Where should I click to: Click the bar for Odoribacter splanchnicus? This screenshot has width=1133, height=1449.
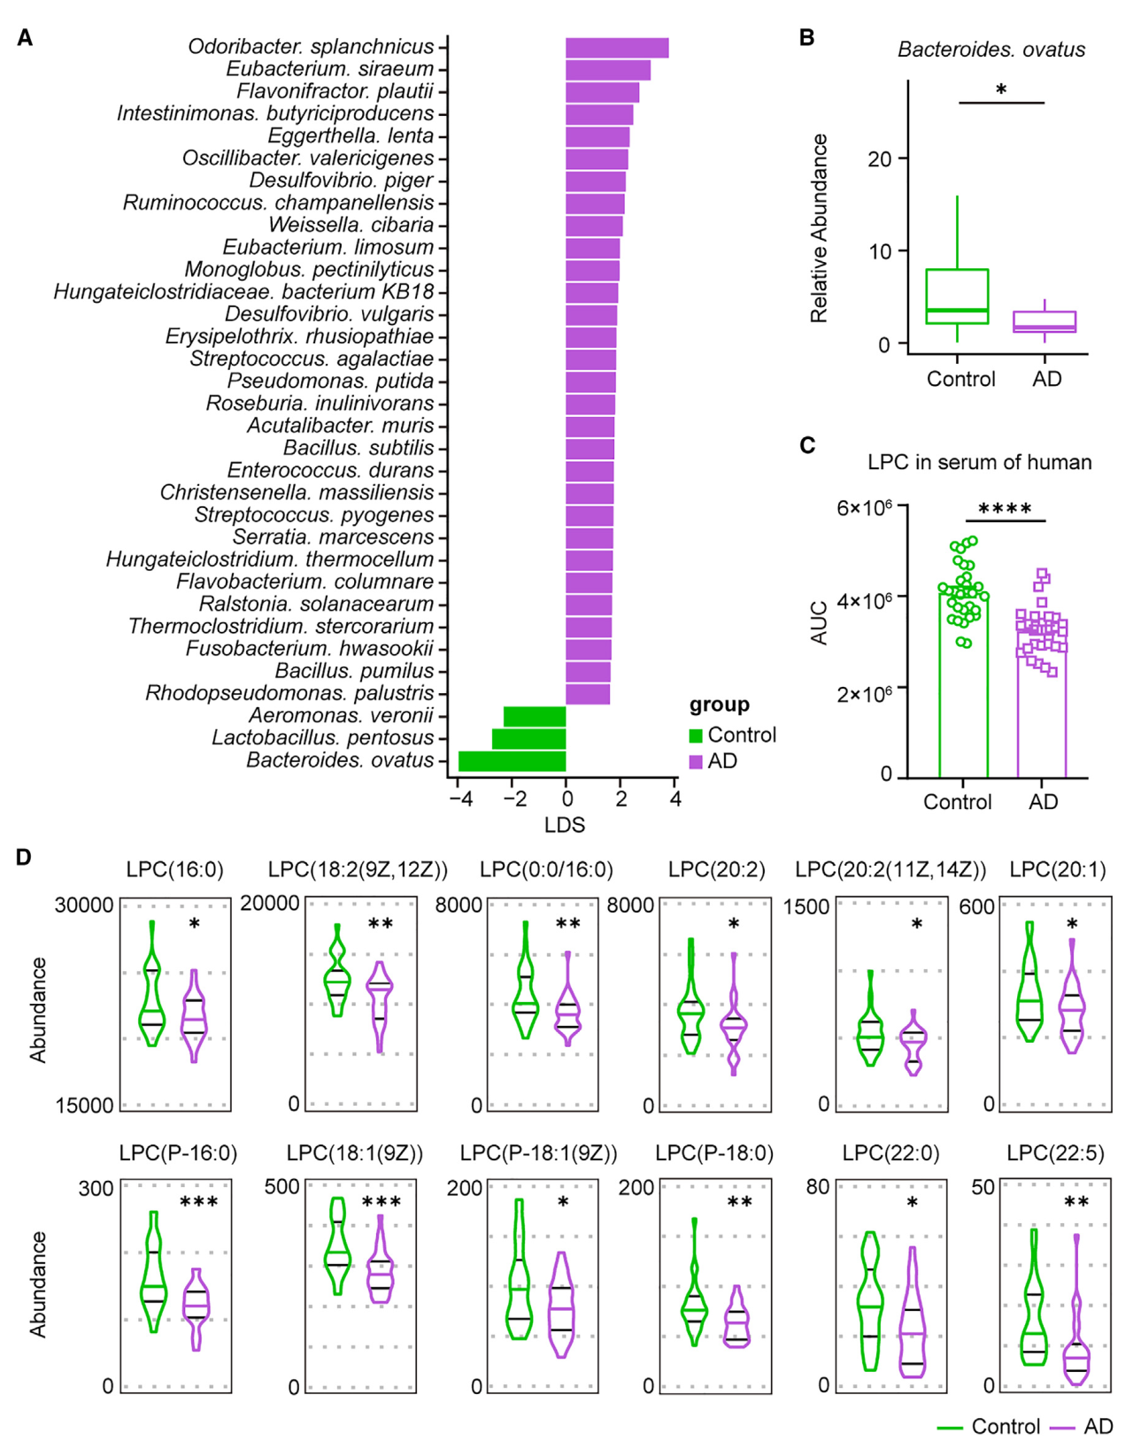617,48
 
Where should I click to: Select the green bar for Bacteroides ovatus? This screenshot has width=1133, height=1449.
512,761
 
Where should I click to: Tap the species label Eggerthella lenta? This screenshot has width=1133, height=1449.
351,136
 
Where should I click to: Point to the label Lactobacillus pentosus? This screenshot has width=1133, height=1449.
322,738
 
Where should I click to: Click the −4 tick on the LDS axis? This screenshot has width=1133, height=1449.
459,798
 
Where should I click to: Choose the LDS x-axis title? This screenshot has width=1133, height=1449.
565,825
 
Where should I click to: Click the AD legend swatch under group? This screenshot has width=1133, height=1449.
697,762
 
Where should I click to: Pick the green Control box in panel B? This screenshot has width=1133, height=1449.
957,297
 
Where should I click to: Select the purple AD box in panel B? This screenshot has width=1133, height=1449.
1044,322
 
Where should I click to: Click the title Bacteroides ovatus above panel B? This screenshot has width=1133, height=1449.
990,50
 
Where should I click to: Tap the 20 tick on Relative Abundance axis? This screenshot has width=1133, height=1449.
879,159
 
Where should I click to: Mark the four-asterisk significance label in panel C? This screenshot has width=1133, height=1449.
1005,509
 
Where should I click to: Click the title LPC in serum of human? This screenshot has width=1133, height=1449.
979,462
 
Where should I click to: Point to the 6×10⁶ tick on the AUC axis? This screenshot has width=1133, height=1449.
864,508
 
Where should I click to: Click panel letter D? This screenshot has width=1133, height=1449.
24,858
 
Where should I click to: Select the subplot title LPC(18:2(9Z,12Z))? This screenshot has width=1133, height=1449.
358,870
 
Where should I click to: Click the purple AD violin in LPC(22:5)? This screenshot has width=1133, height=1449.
1076,1328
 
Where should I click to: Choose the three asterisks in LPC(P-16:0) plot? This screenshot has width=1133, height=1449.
198,1202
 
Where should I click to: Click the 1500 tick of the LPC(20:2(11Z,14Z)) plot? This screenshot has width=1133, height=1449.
806,907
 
